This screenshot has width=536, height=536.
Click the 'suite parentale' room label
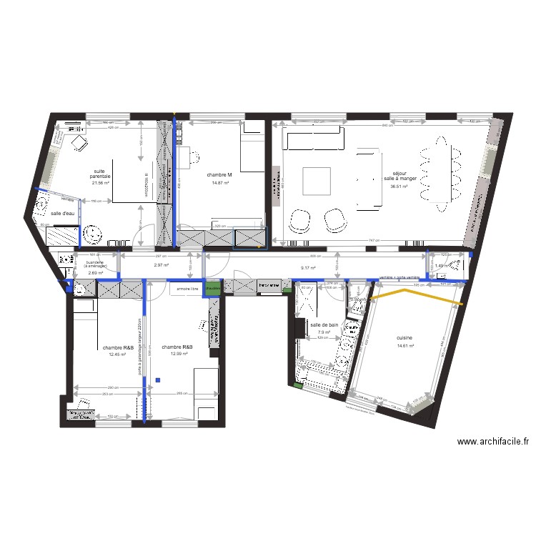[101, 173]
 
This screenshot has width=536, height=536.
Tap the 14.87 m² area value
[220, 183]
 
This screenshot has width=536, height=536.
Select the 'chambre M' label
[220, 174]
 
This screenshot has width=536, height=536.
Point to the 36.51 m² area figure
[399, 187]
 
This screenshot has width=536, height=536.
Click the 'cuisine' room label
[405, 338]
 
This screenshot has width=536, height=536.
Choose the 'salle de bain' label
[324, 324]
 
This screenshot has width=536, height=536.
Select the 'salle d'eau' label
[63, 214]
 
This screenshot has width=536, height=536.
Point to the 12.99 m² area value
[178, 354]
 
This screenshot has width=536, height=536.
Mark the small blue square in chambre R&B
[159, 379]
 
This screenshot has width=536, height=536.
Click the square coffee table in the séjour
[316, 181]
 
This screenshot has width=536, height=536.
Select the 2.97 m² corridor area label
[161, 266]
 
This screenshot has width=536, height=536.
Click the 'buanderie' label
[95, 262]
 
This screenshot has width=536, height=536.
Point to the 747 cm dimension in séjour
[372, 241]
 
